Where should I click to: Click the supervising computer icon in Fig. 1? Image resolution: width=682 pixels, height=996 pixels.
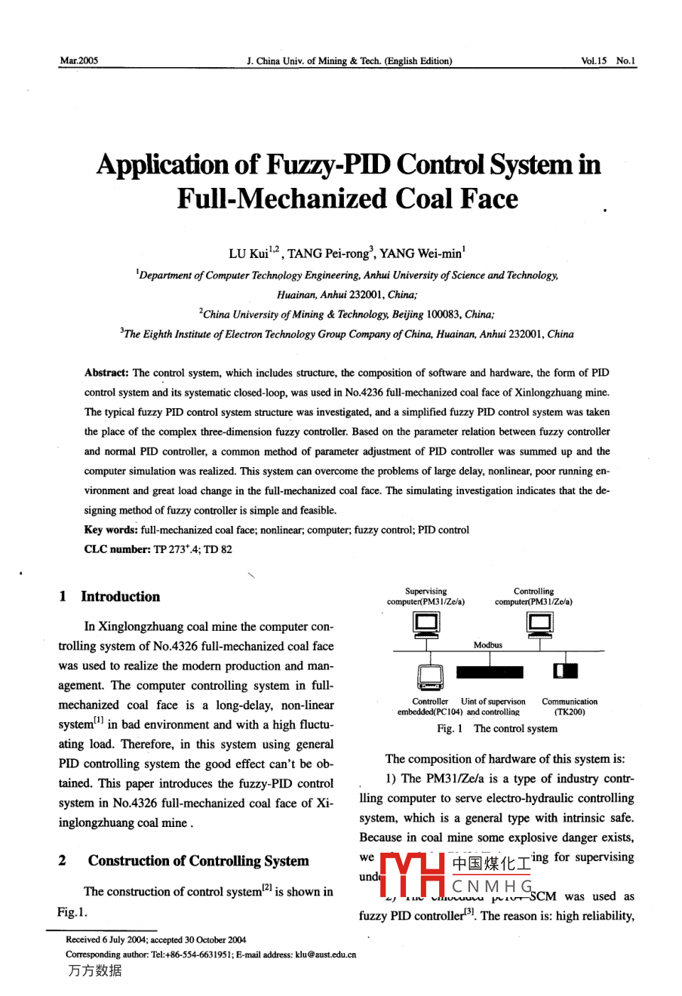pyautogui.click(x=427, y=624)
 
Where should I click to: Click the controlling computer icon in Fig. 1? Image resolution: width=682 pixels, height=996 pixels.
pyautogui.click(x=539, y=624)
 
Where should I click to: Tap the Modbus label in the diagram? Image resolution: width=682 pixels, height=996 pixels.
pyautogui.click(x=488, y=645)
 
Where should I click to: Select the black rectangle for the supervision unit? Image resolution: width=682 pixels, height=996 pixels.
pyautogui.click(x=489, y=671)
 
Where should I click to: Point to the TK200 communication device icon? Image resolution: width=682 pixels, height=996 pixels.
pyautogui.click(x=565, y=671)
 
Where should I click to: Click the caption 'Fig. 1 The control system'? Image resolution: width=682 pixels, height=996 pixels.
pyautogui.click(x=497, y=729)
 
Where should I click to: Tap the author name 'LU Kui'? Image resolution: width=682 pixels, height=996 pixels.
pyautogui.click(x=248, y=254)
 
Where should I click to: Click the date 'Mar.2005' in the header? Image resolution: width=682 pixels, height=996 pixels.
pyautogui.click(x=78, y=61)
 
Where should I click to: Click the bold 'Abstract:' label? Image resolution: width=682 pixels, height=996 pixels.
pyautogui.click(x=106, y=373)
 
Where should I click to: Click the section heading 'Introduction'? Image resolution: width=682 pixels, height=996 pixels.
pyautogui.click(x=121, y=597)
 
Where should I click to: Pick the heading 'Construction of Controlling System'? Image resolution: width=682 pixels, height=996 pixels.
pyautogui.click(x=198, y=861)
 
